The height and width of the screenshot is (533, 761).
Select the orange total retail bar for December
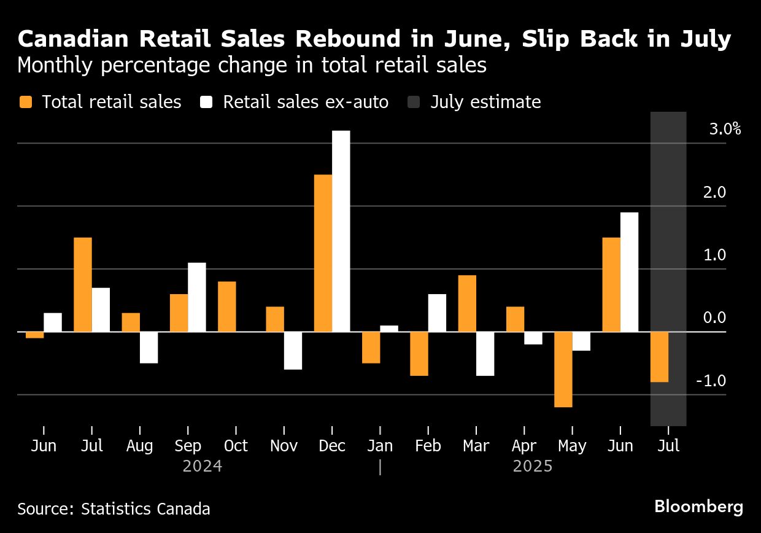(x=323, y=253)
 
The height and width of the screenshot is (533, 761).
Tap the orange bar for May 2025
(x=563, y=369)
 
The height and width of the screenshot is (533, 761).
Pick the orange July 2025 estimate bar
(x=659, y=357)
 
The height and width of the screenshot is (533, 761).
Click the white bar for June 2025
(x=629, y=272)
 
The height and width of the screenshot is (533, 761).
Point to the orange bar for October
(x=227, y=306)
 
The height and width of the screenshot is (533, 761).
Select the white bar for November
(x=293, y=351)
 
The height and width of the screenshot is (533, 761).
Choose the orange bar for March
(x=467, y=303)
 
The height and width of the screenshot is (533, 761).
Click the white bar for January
(x=389, y=329)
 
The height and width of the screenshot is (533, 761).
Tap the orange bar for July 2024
(x=83, y=284)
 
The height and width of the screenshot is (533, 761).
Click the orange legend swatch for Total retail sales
(x=25, y=102)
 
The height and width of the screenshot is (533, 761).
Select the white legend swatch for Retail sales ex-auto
(x=207, y=102)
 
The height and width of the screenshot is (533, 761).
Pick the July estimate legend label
(x=485, y=102)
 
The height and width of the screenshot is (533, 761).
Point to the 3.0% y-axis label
(x=724, y=130)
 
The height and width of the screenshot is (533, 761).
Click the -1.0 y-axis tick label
(x=711, y=381)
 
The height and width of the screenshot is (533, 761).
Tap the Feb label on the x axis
(x=428, y=446)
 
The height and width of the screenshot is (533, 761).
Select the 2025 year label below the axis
(x=533, y=467)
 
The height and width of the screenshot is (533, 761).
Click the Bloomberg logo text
(x=698, y=507)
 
